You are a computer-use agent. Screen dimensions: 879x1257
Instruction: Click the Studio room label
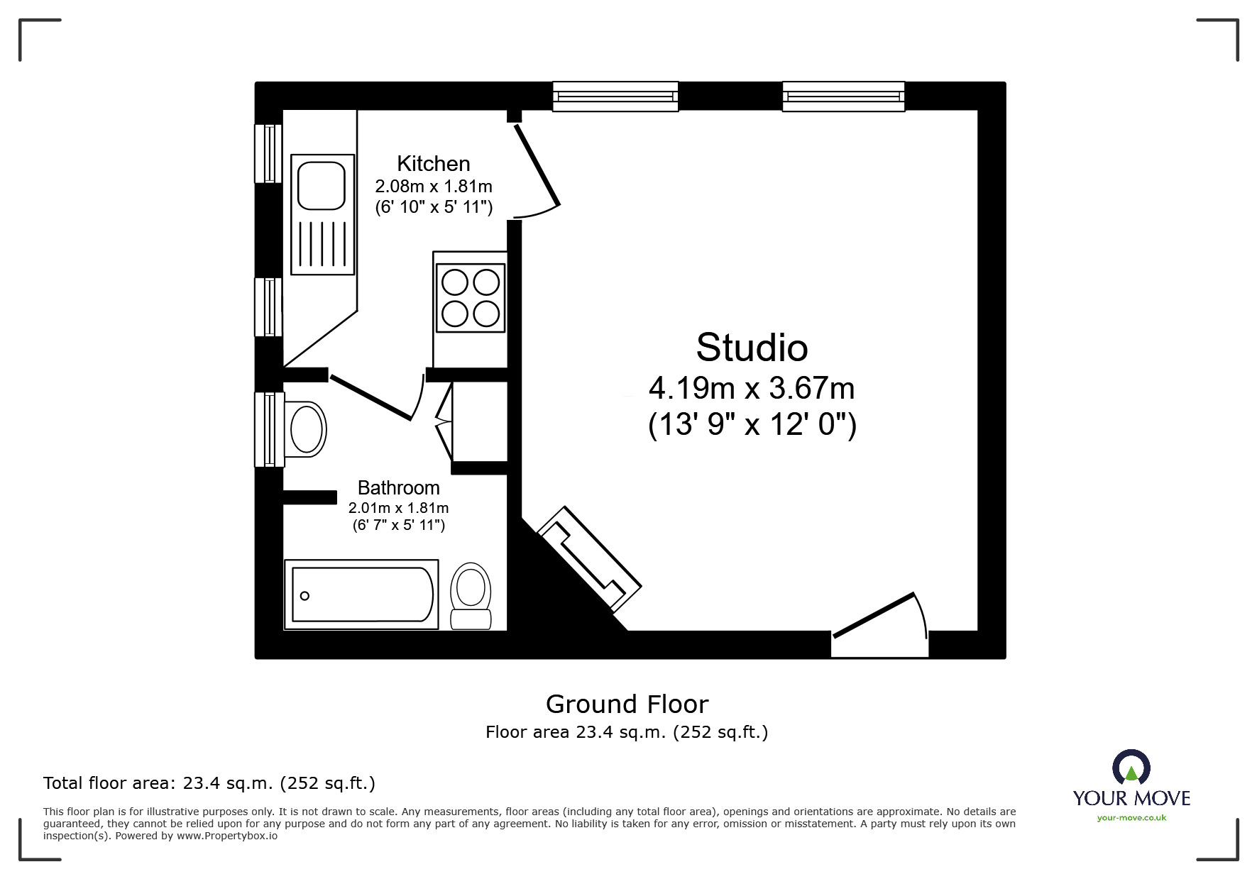752,348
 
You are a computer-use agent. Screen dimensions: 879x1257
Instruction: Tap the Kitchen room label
433,164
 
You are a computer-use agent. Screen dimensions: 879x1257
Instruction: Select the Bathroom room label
398,488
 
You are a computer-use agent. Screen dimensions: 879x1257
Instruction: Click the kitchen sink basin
322,185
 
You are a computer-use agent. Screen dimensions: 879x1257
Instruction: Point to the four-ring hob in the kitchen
471,298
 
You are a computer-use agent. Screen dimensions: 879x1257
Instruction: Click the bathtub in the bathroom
361,595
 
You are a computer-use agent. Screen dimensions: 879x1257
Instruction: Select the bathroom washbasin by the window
306,429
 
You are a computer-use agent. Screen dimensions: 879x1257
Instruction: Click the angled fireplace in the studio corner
589,559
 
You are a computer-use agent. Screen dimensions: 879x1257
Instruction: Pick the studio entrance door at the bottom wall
880,621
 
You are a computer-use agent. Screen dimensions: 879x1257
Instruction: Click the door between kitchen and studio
537,166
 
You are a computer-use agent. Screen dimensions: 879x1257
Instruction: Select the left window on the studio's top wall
615,96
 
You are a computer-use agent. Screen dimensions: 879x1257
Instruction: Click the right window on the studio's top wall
843,96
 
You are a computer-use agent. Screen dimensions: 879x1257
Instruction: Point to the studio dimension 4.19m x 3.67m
752,389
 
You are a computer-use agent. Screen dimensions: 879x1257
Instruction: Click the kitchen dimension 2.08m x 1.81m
433,187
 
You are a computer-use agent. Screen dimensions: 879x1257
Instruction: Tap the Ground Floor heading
627,704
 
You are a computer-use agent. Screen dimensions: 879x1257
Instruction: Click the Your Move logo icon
1131,768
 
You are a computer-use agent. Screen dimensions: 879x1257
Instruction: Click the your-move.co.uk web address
1131,818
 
